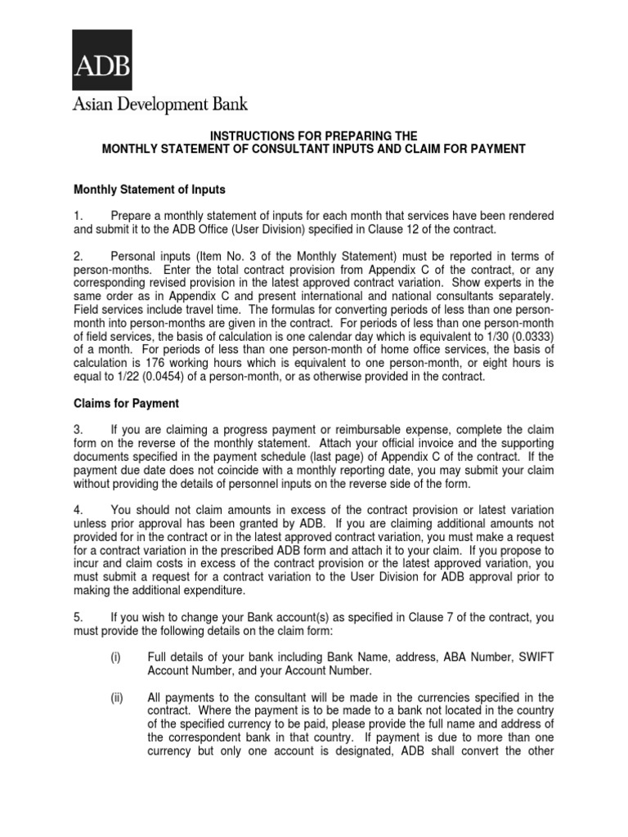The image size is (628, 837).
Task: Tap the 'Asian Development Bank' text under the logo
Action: (160, 104)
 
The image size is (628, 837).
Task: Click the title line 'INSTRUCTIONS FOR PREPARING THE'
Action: (314, 135)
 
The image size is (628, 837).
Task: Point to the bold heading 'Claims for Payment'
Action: (127, 404)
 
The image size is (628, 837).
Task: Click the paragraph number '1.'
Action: (78, 216)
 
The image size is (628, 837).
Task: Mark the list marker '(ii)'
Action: (118, 697)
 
